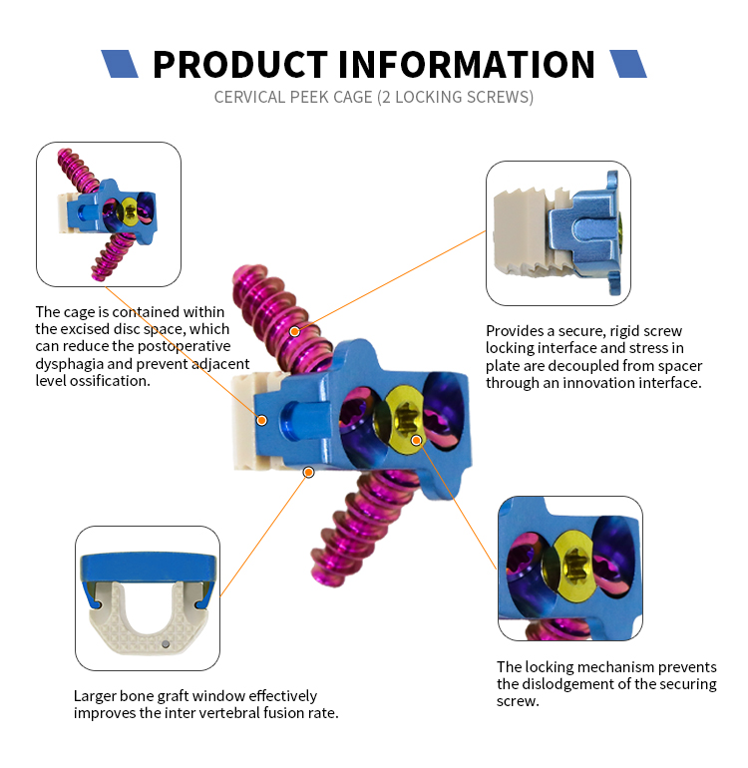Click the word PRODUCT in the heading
coord(240,64)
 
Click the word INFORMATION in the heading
coord(467,64)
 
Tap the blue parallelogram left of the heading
coord(120,64)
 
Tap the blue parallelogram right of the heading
coord(627,64)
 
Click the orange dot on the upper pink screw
coord(294,330)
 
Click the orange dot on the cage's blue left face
coord(262,420)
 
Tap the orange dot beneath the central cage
coord(309,471)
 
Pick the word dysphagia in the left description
coord(71,365)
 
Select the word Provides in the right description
coord(515,330)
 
